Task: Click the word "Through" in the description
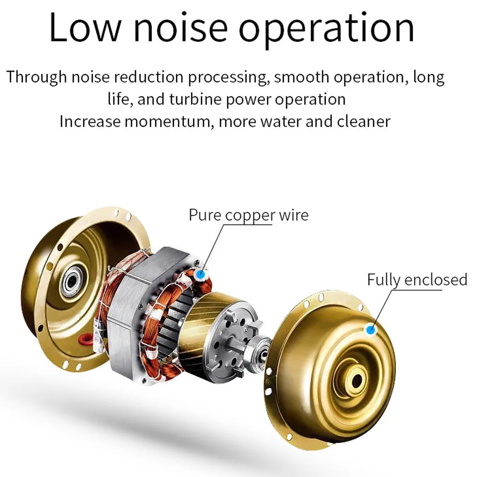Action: [36, 77]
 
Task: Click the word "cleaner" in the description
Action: [363, 122]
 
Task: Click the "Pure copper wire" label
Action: [248, 215]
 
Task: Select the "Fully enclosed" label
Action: [417, 279]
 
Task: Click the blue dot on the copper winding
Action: [201, 274]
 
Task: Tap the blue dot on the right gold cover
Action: [371, 330]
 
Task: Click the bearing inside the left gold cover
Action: [72, 281]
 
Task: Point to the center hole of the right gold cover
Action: [357, 381]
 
